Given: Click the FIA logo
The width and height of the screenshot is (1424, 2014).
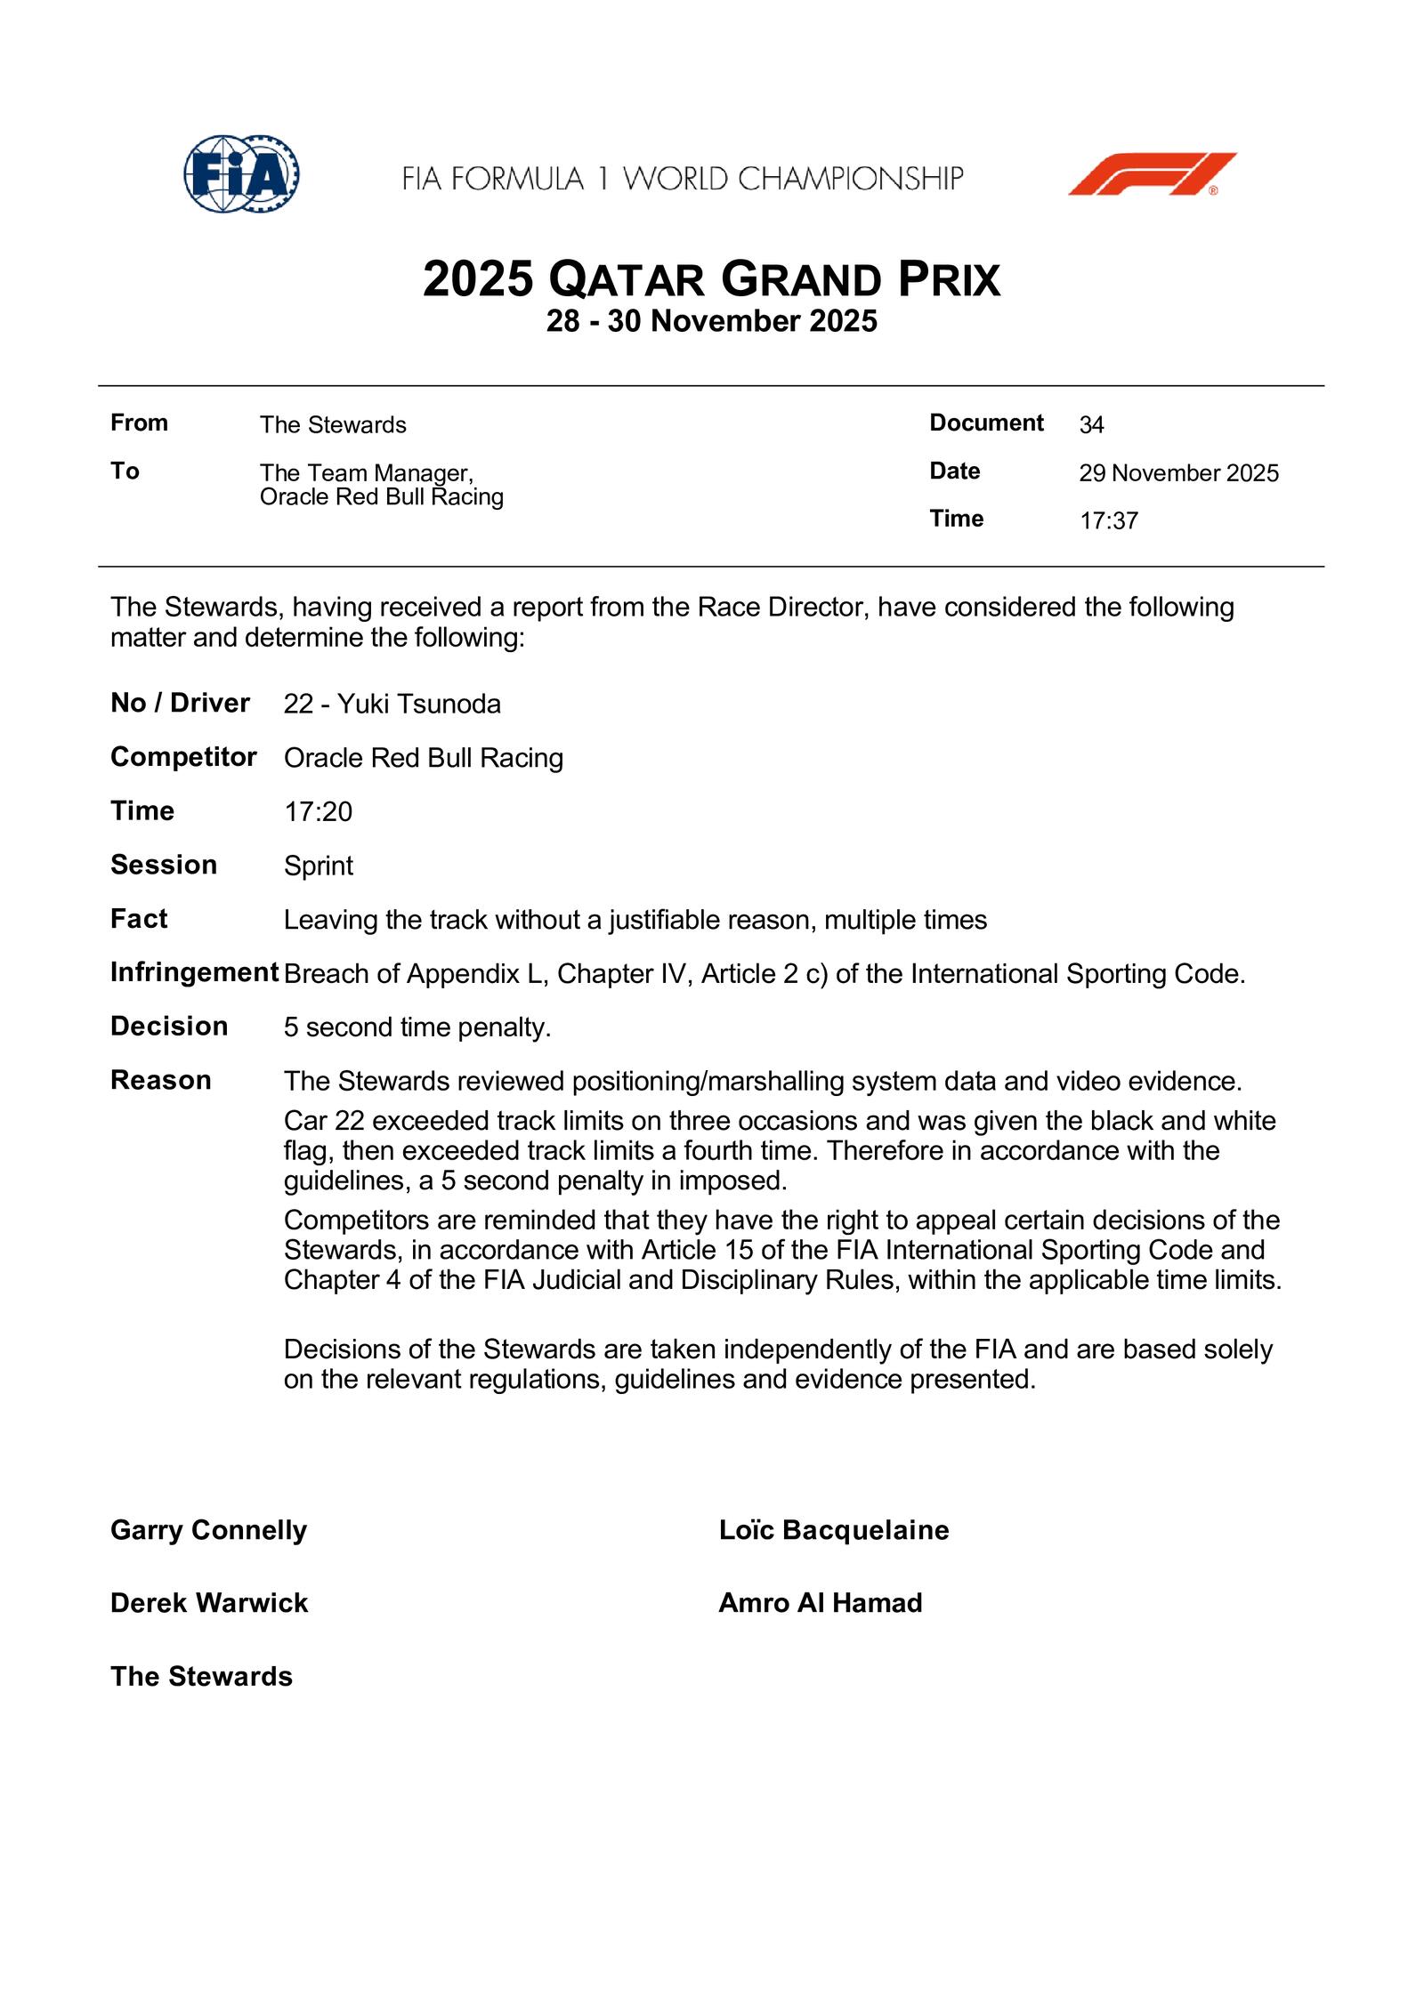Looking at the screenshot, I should [241, 173].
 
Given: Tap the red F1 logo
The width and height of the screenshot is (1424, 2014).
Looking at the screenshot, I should [1152, 173].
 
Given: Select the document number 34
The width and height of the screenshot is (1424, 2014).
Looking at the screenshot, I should [1091, 425].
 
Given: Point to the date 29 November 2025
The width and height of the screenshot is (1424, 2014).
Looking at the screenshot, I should [1178, 473].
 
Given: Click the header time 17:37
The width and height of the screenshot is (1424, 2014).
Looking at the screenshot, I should [1108, 521].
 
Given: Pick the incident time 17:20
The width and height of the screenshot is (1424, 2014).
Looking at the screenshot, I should [318, 811].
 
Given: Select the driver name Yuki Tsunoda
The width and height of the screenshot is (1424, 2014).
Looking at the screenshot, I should [418, 705].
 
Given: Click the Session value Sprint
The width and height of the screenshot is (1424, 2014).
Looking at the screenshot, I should [318, 866].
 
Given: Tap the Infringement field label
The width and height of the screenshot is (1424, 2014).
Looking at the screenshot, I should [194, 972].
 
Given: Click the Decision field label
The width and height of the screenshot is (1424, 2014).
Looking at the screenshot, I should [169, 1026].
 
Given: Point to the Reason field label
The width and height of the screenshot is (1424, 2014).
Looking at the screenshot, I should [161, 1080].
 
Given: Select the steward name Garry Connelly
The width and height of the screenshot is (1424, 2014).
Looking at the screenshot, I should [208, 1530].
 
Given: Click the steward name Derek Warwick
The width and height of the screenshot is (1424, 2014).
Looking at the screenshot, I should [209, 1603].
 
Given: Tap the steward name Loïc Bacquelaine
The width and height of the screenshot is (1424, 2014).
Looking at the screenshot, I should [834, 1530].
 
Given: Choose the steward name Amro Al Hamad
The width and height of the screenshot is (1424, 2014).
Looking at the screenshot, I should [821, 1603].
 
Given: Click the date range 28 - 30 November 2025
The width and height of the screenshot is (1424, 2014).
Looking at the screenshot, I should [711, 321].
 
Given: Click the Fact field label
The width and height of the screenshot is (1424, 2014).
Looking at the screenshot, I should [139, 918].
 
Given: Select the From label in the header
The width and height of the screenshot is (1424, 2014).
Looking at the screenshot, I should [139, 423].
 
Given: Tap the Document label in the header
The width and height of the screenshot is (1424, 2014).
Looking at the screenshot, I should [986, 423].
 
